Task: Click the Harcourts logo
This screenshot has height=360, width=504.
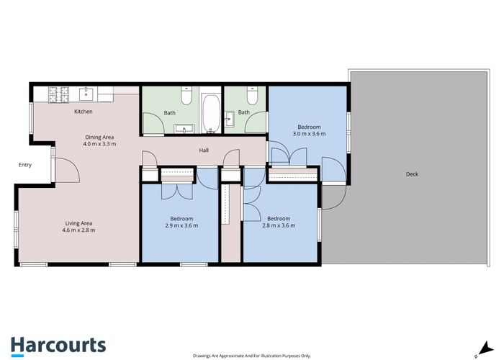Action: coord(58,346)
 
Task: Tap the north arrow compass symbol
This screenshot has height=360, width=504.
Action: coord(485,350)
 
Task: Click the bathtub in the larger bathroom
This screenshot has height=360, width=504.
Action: coord(211,113)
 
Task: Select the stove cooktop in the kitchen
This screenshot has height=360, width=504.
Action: coord(58,95)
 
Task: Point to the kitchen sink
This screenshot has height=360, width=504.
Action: coord(86,94)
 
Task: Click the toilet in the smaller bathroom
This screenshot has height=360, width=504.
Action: coord(252,96)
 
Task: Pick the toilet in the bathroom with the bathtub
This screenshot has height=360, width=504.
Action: coord(186,96)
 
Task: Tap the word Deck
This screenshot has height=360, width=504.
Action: coord(412,174)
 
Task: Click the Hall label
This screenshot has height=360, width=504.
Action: coord(204,150)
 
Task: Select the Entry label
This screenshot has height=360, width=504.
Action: coord(25,165)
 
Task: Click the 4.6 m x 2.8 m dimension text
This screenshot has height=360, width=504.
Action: coord(78,230)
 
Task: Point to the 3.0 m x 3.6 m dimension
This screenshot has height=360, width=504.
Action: coord(309,134)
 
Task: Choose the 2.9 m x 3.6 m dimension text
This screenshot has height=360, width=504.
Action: coord(181,225)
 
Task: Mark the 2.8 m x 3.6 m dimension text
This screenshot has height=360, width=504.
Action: coord(279,225)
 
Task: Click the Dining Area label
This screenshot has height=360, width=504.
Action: coord(99,138)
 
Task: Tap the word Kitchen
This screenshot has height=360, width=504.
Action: coord(84,112)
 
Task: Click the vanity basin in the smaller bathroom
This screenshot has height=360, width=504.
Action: coord(229,119)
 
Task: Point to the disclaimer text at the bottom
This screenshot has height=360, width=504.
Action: coord(252,356)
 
